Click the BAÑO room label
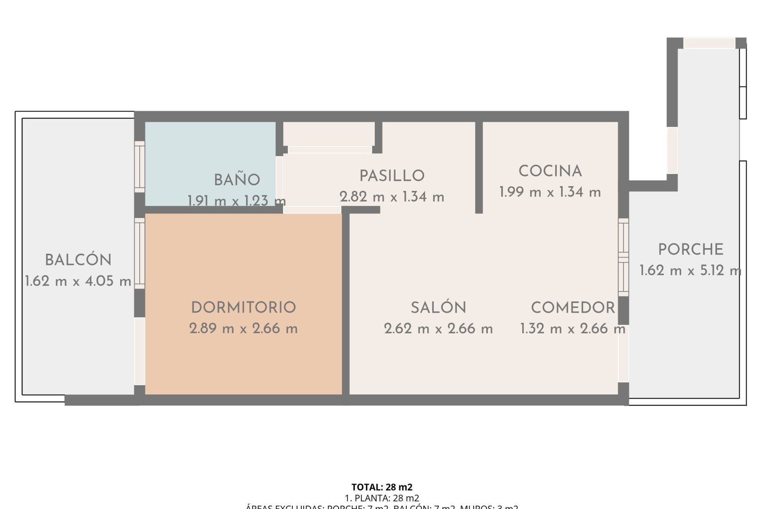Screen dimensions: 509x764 (237, 180)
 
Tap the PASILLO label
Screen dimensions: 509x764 (392, 176)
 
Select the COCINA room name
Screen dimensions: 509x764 (550, 171)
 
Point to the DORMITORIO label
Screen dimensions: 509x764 (244, 307)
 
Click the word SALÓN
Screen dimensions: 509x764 (439, 307)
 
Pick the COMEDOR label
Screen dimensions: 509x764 (573, 307)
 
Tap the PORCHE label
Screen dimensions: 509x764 (691, 250)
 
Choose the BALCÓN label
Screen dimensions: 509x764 (78, 260)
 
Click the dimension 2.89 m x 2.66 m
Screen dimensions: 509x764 (244, 328)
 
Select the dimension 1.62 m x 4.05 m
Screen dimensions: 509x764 (78, 281)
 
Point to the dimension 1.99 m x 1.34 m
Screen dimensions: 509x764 (550, 192)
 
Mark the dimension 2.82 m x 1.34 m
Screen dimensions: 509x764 (392, 197)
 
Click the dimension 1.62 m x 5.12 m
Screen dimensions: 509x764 (691, 271)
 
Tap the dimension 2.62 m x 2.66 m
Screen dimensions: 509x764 (439, 328)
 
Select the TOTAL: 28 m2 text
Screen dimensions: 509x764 (382, 487)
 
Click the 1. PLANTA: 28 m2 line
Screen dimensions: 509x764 (382, 498)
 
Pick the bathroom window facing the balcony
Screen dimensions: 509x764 (139, 167)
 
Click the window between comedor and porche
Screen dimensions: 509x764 (624, 257)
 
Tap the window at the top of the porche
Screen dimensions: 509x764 (709, 43)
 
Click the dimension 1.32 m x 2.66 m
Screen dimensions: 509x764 (573, 328)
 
